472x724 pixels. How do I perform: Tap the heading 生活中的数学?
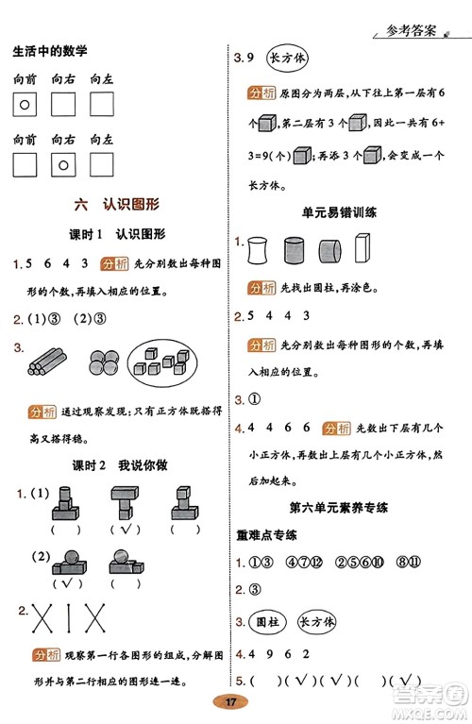57,53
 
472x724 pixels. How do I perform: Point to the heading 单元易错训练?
340,213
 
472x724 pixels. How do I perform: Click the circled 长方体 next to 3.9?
290,58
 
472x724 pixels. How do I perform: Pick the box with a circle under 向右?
63,165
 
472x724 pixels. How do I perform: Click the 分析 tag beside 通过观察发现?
42,413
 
